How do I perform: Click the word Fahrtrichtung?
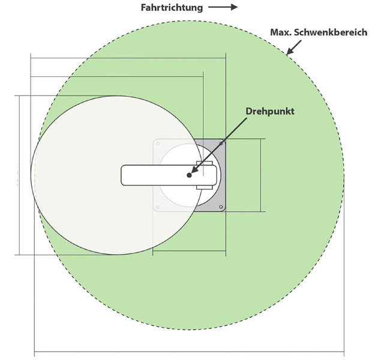pos(172,8)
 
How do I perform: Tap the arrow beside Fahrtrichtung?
pos(223,7)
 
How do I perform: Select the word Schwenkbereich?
pos(330,32)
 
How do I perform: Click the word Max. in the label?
pos(280,32)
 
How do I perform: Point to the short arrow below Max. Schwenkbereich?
pos(294,47)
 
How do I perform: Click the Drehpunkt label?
pos(270,112)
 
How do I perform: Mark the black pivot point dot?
pos(189,175)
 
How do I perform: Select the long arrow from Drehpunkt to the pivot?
pos(219,145)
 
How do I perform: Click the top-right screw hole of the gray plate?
pos(221,143)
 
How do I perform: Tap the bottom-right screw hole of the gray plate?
pos(221,207)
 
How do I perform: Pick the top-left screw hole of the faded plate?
pos(158,144)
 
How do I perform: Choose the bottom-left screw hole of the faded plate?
pos(158,207)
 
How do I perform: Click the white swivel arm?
pos(169,175)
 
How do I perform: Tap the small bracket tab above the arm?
pos(205,163)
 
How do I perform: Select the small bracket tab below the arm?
pos(205,187)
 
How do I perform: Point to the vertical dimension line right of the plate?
pos(260,175)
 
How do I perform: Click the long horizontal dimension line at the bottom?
pos(189,352)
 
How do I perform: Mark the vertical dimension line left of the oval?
pos(19,175)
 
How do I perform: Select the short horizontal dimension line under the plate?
pos(189,251)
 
